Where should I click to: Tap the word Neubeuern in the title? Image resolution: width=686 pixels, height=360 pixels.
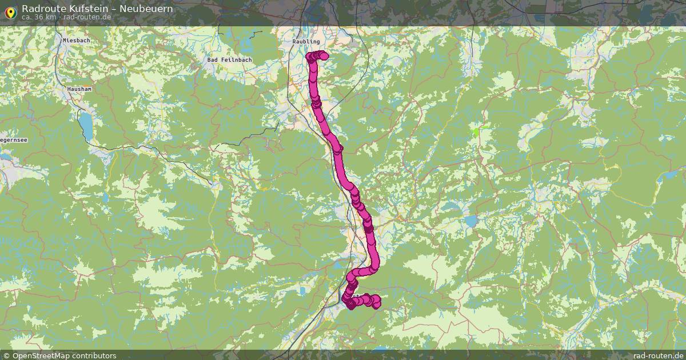146,9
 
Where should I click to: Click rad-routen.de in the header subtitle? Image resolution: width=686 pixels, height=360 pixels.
87,17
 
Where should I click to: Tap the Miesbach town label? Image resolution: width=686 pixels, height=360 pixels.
77,41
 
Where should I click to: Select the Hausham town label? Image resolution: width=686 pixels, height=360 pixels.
79,89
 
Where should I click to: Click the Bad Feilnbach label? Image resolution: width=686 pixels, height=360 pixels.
229,59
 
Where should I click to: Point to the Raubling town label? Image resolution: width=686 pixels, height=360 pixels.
306,42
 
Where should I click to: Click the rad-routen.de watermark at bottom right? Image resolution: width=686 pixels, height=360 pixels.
659,355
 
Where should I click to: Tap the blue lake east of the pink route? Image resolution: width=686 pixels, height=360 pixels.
471,221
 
